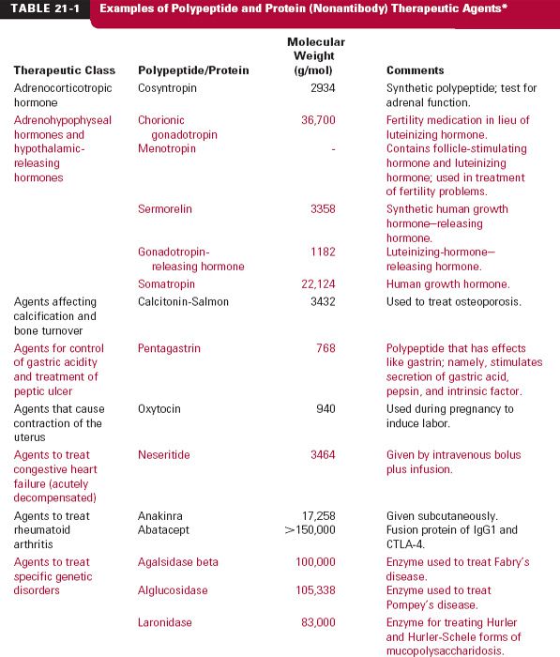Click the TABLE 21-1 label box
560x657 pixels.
pyautogui.click(x=44, y=8)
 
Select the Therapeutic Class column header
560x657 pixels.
pyautogui.click(x=65, y=70)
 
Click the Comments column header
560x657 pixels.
pyautogui.click(x=416, y=70)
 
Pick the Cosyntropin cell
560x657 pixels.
pyautogui.click(x=170, y=88)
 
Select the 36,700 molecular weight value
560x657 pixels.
pyautogui.click(x=317, y=120)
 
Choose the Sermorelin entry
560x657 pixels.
pyautogui.click(x=165, y=209)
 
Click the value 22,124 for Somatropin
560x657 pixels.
pyautogui.click(x=317, y=283)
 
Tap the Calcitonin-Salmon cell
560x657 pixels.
pyautogui.click(x=183, y=301)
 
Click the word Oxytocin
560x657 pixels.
pyautogui.click(x=160, y=409)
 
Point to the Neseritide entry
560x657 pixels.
pyautogui.click(x=165, y=455)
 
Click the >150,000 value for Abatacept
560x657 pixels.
pyautogui.click(x=309, y=529)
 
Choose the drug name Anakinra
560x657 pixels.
pyautogui.click(x=162, y=515)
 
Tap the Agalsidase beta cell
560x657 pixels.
pyautogui.click(x=178, y=562)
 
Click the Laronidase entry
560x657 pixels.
pyautogui.click(x=166, y=622)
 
